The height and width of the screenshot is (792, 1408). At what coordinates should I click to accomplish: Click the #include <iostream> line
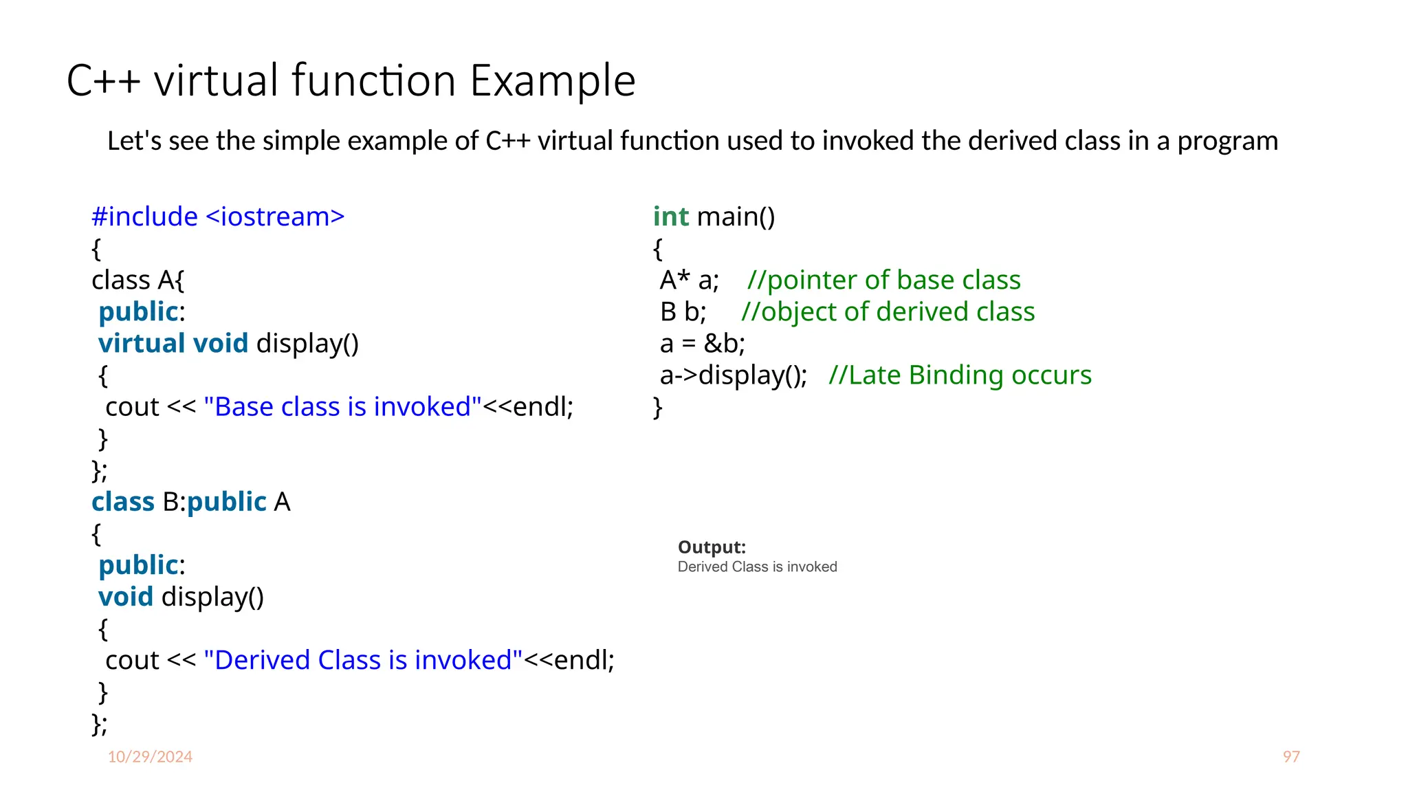pos(218,217)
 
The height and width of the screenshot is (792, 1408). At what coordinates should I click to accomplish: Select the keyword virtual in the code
pos(142,343)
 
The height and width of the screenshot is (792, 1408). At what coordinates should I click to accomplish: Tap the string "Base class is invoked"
pos(342,406)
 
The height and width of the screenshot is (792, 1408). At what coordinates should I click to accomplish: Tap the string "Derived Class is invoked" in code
pos(363,660)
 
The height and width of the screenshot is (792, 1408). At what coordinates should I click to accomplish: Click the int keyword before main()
pos(670,217)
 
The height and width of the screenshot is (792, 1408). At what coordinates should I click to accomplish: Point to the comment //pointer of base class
pos(883,280)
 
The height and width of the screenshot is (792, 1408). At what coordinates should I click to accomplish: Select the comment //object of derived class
pos(888,311)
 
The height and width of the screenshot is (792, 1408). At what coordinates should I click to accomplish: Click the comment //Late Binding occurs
pos(960,375)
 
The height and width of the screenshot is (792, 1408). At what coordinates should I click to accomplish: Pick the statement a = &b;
pos(702,343)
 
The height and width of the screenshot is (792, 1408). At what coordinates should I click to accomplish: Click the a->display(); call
pos(733,375)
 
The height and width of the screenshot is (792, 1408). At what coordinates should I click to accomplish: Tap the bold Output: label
pos(712,547)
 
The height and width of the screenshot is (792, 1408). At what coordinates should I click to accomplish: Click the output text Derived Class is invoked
pos(757,566)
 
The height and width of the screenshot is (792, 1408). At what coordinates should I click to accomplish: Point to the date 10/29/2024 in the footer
pos(150,756)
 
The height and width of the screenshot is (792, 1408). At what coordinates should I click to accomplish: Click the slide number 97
pos(1290,756)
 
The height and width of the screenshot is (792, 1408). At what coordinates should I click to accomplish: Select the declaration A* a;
pos(689,280)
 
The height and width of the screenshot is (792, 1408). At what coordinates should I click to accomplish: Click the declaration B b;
pos(683,311)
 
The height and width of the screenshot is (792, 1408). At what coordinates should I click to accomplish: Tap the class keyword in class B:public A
pos(123,502)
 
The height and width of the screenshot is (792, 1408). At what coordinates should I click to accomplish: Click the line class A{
pos(137,280)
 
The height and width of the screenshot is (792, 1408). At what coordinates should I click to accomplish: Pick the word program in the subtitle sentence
pos(1227,142)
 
